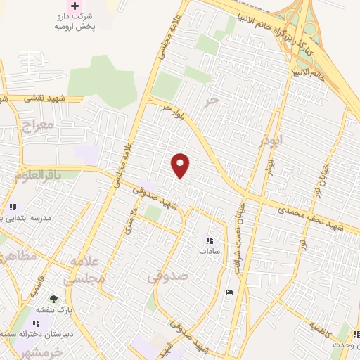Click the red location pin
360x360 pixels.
tap(181, 165)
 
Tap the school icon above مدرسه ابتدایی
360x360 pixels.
tap(13, 207)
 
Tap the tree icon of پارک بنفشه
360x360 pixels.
tap(53, 299)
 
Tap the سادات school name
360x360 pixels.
tap(210, 250)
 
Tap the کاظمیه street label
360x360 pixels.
tap(310, 327)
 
